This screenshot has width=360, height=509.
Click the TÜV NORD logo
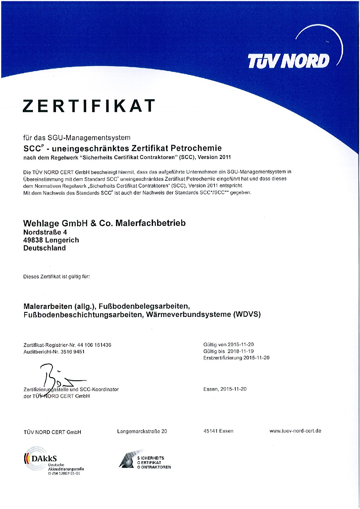tap(289, 61)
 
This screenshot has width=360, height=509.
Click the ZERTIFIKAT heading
tap(89, 105)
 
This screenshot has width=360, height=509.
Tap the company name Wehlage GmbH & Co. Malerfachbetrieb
tap(104, 223)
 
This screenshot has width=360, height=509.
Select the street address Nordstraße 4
tap(45, 232)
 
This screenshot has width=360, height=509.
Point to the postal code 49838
tap(33, 240)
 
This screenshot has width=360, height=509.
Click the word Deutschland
tap(44, 248)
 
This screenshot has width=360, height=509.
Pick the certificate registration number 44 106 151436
tap(94, 345)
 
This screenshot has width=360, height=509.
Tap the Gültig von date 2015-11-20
tap(241, 345)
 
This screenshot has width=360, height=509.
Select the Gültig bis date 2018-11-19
tap(241, 351)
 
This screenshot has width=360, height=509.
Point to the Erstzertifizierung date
tap(256, 358)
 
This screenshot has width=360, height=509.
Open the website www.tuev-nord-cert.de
tap(295, 431)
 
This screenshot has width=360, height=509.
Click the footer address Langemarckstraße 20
tap(142, 431)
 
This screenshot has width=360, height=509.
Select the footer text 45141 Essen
tap(218, 431)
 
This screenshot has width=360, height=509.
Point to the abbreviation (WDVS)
tap(247, 314)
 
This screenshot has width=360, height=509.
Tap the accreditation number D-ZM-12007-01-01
tap(64, 473)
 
